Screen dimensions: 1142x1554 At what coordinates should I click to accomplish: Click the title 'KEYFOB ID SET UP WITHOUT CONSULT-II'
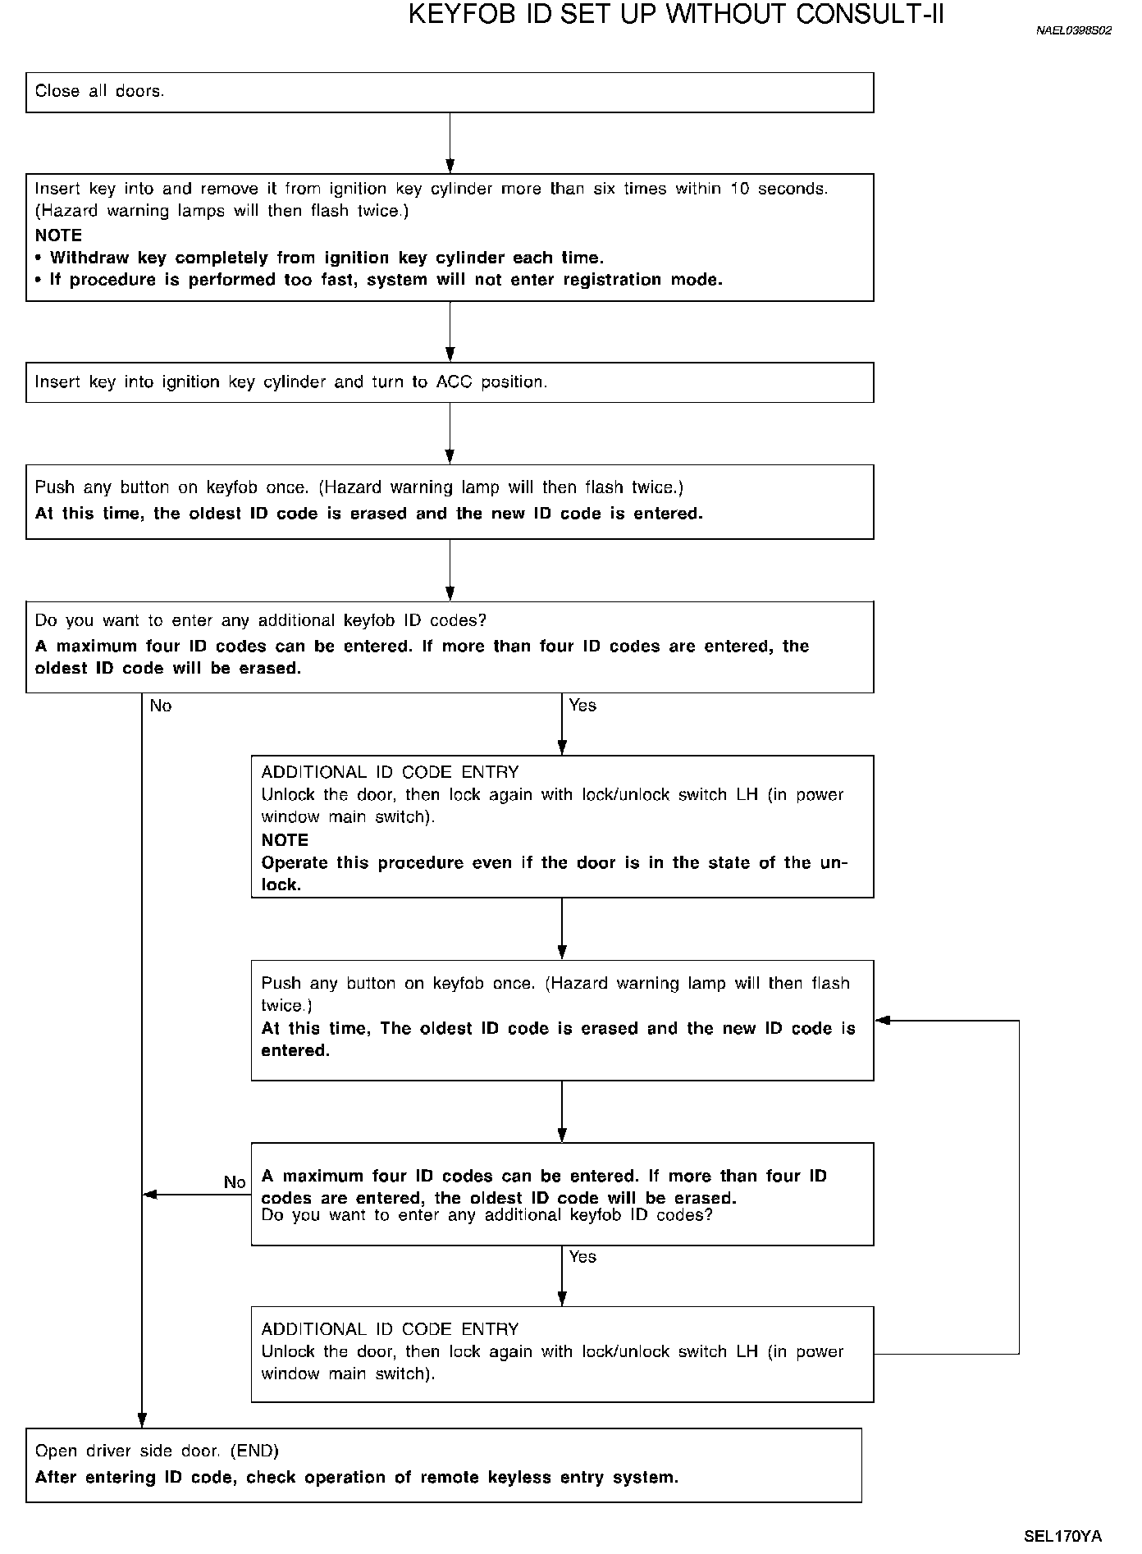(676, 15)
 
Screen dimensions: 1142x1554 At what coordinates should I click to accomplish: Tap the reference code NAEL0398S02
(1074, 31)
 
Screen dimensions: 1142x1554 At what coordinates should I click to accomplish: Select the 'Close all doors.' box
(450, 92)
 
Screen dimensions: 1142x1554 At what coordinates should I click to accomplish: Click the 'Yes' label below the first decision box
(582, 706)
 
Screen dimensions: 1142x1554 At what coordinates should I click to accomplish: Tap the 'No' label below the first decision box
(161, 706)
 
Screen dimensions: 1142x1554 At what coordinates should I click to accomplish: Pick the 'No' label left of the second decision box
(235, 1182)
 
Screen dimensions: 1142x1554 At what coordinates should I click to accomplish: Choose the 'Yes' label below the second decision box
(582, 1257)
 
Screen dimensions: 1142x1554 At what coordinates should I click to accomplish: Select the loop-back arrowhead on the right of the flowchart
(883, 1021)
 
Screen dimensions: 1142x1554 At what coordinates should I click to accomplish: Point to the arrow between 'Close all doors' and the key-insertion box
(450, 143)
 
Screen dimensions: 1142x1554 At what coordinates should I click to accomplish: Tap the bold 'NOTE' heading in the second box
(58, 235)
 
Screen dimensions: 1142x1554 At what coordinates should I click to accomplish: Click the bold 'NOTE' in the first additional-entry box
(285, 840)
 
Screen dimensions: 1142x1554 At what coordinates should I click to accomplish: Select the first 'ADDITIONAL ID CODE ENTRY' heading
(390, 772)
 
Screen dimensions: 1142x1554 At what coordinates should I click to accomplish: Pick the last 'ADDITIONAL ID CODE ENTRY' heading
(390, 1329)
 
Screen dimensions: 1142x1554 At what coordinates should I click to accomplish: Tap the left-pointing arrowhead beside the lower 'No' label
(150, 1195)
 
